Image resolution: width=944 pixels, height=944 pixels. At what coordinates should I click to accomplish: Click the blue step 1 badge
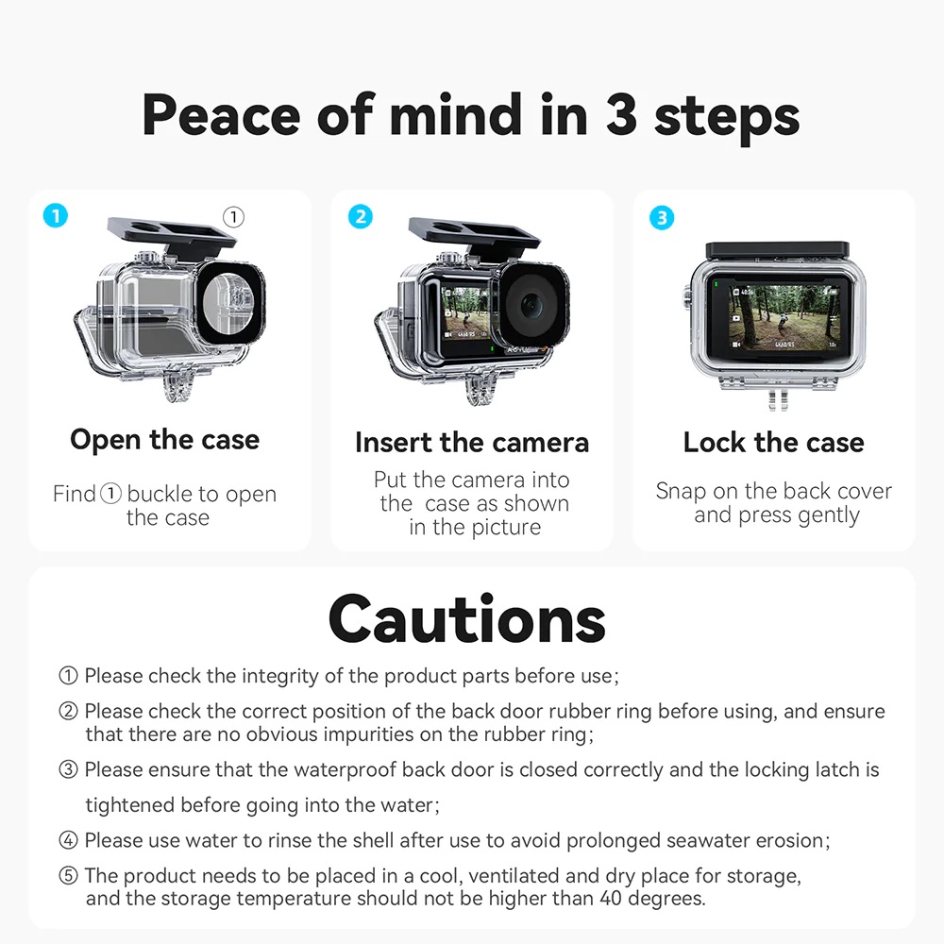click(56, 216)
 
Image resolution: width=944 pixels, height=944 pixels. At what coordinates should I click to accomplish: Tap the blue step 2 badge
click(360, 216)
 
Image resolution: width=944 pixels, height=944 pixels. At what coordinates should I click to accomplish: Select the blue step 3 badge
click(662, 217)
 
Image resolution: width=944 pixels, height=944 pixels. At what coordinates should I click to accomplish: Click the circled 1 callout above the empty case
click(233, 217)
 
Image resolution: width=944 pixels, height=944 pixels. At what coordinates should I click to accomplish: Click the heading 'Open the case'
click(164, 440)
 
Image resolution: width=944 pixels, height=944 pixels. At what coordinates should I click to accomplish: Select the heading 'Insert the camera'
click(471, 442)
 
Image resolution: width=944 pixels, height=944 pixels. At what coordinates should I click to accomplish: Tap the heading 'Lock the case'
click(773, 442)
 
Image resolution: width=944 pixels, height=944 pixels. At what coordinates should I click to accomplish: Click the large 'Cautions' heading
click(466, 619)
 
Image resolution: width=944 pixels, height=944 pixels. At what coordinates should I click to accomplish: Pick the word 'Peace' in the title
click(223, 115)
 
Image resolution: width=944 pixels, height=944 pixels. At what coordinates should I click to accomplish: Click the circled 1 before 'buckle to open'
click(110, 494)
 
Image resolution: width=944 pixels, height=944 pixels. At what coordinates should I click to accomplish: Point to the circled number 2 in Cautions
click(68, 712)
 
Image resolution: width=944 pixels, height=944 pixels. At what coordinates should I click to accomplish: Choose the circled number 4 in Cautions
click(68, 840)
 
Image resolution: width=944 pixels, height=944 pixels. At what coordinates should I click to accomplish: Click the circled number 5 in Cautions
click(68, 876)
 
